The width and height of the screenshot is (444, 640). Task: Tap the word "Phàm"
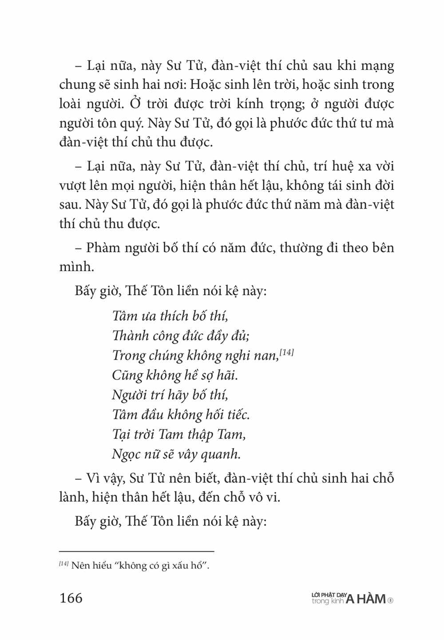(x=103, y=247)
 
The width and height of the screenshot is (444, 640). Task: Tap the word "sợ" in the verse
(x=206, y=375)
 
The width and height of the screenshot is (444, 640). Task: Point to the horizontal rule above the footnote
(x=137, y=551)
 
